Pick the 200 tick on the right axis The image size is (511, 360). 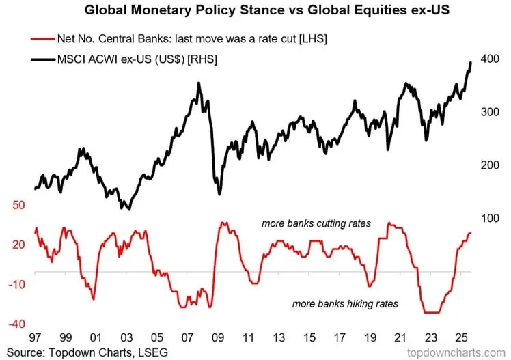[x=490, y=165]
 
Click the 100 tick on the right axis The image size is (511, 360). [x=490, y=219]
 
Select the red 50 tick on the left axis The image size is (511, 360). [x=18, y=205]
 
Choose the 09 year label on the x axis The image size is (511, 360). [x=219, y=337]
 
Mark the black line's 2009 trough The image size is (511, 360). [x=219, y=194]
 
